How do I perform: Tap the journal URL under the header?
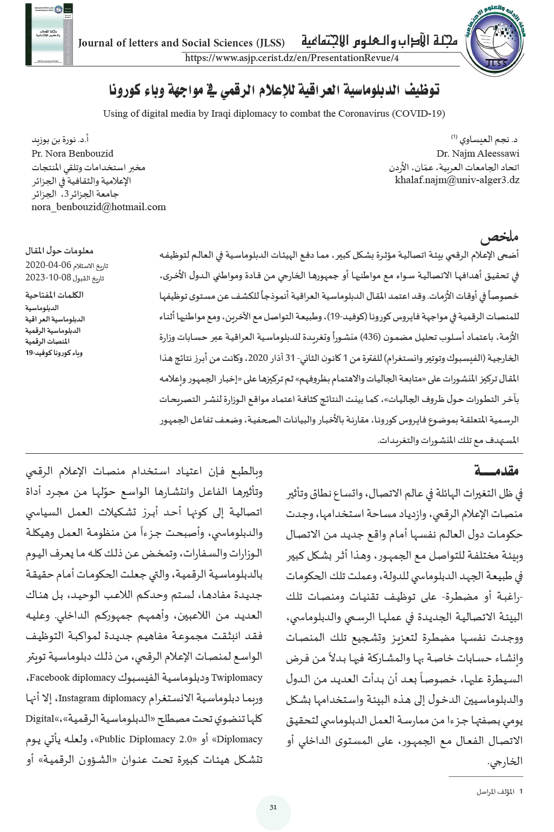click(291, 58)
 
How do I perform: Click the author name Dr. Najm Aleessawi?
click(478, 153)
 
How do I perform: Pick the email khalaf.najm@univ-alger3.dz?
click(457, 180)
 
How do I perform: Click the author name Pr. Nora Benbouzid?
click(72, 153)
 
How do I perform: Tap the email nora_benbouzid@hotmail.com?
click(98, 207)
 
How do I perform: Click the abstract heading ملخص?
click(499, 238)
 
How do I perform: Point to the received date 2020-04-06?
click(49, 265)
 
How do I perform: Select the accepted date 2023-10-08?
click(49, 278)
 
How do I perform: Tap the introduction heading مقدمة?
click(497, 471)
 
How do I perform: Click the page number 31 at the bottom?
click(273, 808)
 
